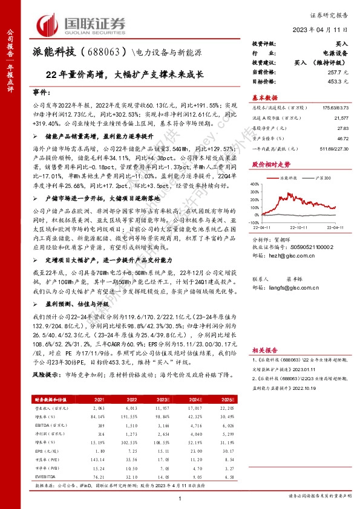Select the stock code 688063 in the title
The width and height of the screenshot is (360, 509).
(x=103, y=52)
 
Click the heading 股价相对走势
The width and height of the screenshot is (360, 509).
(x=267, y=164)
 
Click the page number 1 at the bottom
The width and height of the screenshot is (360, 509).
(x=180, y=497)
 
